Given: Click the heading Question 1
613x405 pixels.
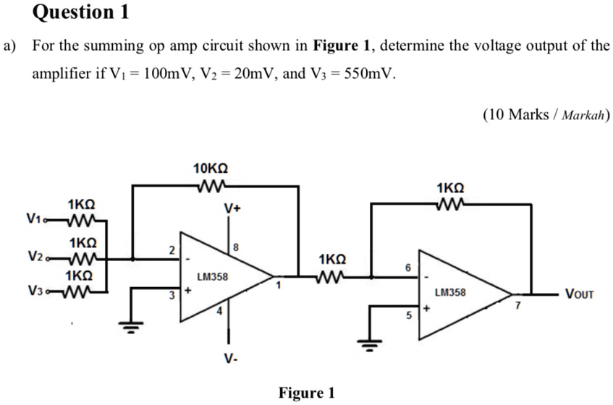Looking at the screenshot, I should pos(75,12).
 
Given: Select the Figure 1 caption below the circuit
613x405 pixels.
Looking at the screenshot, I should pos(306,393).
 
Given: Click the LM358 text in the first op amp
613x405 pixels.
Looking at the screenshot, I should pos(212,277).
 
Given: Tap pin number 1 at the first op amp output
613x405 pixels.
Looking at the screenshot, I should pos(276,286).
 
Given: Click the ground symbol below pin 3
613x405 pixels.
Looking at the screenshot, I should pos(131,328).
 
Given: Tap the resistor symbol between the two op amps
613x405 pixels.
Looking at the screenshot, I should pos(332,276).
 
